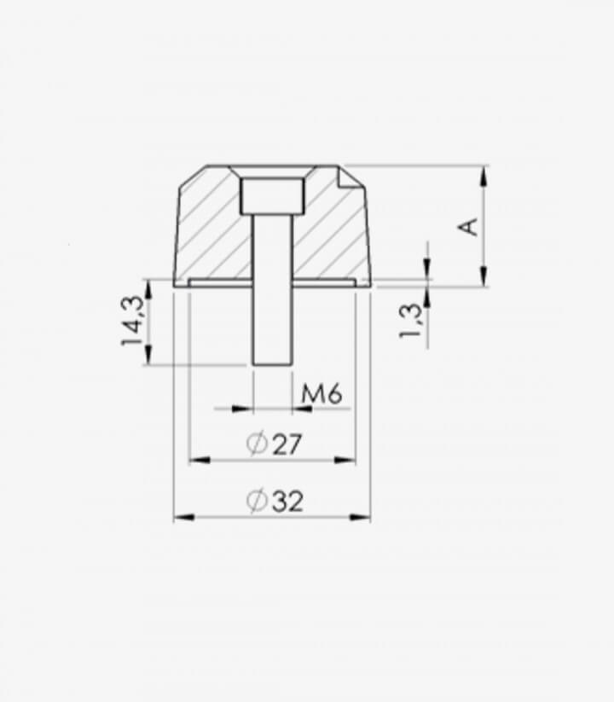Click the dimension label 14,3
pos(133,321)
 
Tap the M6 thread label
pos(321,394)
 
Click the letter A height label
pos(468,227)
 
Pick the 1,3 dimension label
pos(411,321)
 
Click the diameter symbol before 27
pos(257,444)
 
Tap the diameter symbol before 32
pos(258,501)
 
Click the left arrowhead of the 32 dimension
pos(183,518)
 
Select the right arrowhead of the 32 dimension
pos(360,518)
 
